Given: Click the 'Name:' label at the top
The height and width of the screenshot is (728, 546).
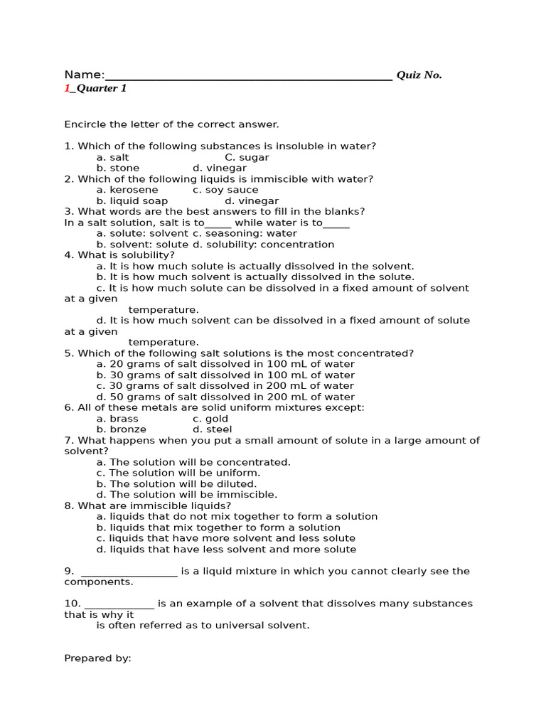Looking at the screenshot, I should tap(84, 75).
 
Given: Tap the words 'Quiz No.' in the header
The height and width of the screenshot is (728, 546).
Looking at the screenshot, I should tap(419, 75).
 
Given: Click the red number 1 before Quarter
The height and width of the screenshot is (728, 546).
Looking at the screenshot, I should tap(67, 89).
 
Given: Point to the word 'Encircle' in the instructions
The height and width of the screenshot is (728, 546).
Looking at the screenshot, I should tap(85, 124).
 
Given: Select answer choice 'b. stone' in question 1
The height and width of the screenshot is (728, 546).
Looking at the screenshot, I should tap(118, 168).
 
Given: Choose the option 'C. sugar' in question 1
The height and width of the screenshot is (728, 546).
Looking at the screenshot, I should tap(247, 157).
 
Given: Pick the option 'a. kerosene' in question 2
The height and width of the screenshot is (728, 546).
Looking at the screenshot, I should tap(127, 190).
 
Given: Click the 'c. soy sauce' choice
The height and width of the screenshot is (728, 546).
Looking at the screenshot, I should tap(225, 190).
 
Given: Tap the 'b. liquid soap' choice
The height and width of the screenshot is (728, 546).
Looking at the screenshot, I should tap(132, 201).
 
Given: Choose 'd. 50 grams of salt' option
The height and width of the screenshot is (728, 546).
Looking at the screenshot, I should tap(225, 397).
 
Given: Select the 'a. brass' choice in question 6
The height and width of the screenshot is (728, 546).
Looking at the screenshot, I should tap(117, 419).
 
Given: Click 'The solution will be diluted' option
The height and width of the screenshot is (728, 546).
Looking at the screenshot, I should tap(176, 484).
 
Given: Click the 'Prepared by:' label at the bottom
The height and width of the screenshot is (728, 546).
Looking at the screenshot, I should tap(97, 658).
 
